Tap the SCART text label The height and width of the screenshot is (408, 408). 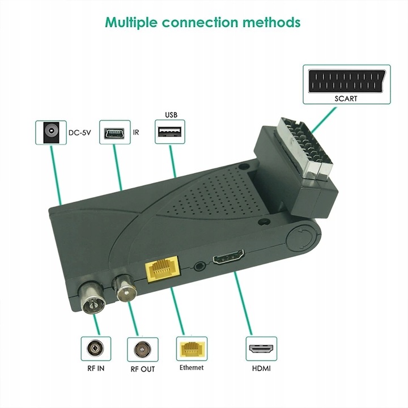click(x=346, y=98)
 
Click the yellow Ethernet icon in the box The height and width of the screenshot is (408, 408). click(x=192, y=348)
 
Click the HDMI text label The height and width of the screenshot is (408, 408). click(x=261, y=368)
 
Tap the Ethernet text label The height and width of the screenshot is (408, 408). click(x=192, y=368)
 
